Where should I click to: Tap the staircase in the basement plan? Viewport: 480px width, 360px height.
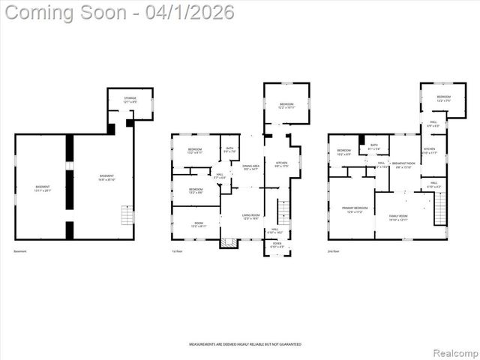126,217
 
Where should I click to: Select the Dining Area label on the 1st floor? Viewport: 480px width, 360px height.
251,168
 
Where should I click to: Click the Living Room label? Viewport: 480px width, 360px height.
250,216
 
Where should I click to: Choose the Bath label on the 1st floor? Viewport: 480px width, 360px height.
229,150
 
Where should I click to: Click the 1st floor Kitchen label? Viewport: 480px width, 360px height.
281,163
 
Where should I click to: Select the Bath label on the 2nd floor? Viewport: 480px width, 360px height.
373,147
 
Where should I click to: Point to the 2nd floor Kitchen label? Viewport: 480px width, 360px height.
430,151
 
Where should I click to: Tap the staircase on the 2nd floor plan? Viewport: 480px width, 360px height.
440,208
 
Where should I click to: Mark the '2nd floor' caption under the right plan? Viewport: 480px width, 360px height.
333,251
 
